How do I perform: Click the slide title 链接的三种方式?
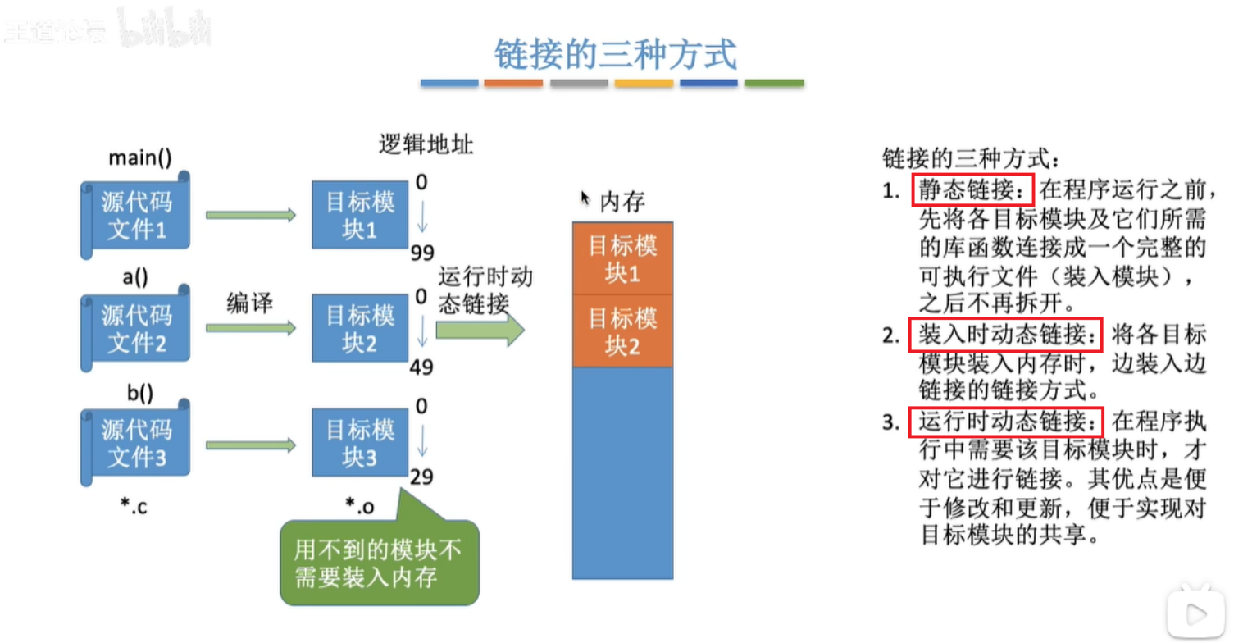[616, 54]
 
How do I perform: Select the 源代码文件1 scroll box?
[135, 214]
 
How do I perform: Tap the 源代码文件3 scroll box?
[135, 444]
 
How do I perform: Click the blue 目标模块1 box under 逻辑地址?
[359, 215]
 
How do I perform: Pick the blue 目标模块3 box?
[359, 444]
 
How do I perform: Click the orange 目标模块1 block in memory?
[622, 258]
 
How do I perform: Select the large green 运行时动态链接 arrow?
[480, 330]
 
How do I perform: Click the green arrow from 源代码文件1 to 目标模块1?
[250, 215]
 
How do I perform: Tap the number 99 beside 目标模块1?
[421, 252]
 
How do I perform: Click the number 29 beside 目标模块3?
[421, 477]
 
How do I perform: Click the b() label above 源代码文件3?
[139, 393]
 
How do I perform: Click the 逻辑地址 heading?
[426, 145]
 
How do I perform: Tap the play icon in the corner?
[1195, 612]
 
